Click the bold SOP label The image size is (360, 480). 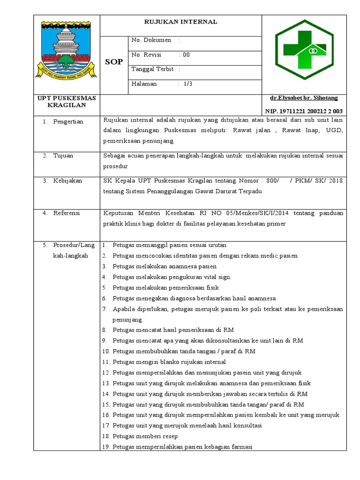coord(113,62)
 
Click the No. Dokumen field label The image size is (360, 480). coord(151,40)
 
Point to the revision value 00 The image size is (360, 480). coord(186,55)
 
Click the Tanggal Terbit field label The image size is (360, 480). coord(153,69)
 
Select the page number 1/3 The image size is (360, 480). coord(188,84)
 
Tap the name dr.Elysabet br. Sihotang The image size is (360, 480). coord(303,98)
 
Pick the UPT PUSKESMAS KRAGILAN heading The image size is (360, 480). coord(67,101)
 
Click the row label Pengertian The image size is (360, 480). coord(68,122)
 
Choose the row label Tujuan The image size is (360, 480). coord(63,156)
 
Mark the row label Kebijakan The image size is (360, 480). coord(68,180)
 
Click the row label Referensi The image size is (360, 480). coord(67,213)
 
